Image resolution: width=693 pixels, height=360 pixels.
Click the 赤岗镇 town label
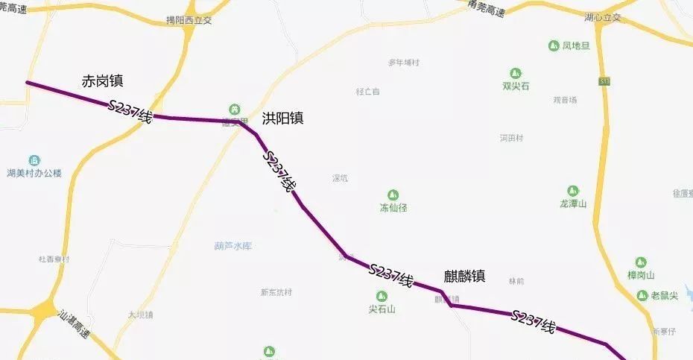(103, 80)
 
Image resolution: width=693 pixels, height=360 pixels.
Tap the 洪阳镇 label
(282, 118)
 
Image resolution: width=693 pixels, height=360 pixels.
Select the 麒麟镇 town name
(464, 276)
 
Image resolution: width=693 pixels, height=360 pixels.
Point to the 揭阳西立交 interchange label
(189, 20)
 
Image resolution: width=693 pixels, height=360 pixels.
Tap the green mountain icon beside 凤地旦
(553, 46)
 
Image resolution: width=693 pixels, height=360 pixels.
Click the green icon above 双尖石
(516, 73)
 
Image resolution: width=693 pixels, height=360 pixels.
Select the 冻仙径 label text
(393, 208)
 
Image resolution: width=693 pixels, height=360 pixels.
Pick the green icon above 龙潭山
(573, 191)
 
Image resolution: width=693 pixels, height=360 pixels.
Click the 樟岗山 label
(641, 275)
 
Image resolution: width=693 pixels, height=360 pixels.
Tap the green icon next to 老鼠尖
(642, 296)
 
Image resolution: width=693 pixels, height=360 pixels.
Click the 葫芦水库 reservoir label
(233, 245)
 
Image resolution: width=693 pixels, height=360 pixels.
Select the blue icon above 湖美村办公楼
(34, 160)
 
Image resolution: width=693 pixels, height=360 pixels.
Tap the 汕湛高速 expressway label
(75, 325)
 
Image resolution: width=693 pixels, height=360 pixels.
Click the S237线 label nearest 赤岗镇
(130, 111)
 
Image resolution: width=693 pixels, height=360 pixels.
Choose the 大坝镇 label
(140, 315)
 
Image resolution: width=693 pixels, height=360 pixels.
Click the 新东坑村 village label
(276, 292)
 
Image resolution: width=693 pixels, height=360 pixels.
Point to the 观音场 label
(565, 100)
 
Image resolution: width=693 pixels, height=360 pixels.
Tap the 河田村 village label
(511, 138)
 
